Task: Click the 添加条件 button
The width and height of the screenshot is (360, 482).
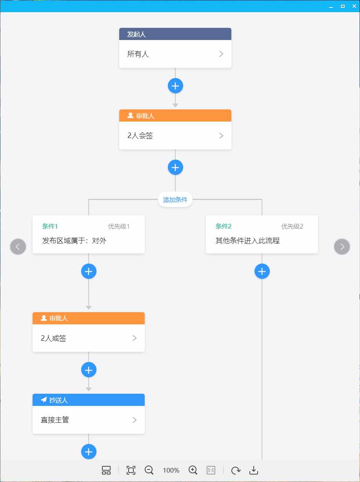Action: pos(175,200)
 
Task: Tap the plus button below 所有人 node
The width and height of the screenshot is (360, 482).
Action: pos(175,85)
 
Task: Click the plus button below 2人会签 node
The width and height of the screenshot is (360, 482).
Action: pos(175,167)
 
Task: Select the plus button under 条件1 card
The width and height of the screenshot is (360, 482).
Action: pos(89,271)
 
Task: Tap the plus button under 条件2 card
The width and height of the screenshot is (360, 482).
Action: pos(262,271)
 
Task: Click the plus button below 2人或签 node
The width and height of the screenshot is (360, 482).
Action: pos(89,369)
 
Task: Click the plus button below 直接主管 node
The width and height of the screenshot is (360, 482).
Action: pos(89,451)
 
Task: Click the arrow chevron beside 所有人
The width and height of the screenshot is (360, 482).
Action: pos(221,54)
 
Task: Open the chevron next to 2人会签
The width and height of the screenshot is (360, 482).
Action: pos(221,136)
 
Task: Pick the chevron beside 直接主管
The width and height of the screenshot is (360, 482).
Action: pos(135,420)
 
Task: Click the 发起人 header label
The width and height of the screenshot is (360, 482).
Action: pos(136,34)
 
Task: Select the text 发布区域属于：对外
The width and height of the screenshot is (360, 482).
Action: pos(74,241)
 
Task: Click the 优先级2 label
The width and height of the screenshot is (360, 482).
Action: pos(292,226)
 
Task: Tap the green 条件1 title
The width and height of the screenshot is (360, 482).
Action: pos(50,226)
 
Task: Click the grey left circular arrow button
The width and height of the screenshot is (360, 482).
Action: pos(18,247)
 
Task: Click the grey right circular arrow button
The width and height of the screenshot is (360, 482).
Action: pos(342,247)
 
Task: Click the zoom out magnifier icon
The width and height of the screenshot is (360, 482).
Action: pos(149,470)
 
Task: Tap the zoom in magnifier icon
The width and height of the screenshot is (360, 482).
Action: pos(193,470)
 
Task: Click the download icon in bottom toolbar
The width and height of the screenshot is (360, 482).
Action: pos(254,470)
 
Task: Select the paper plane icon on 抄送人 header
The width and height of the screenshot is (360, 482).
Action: pos(44,400)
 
